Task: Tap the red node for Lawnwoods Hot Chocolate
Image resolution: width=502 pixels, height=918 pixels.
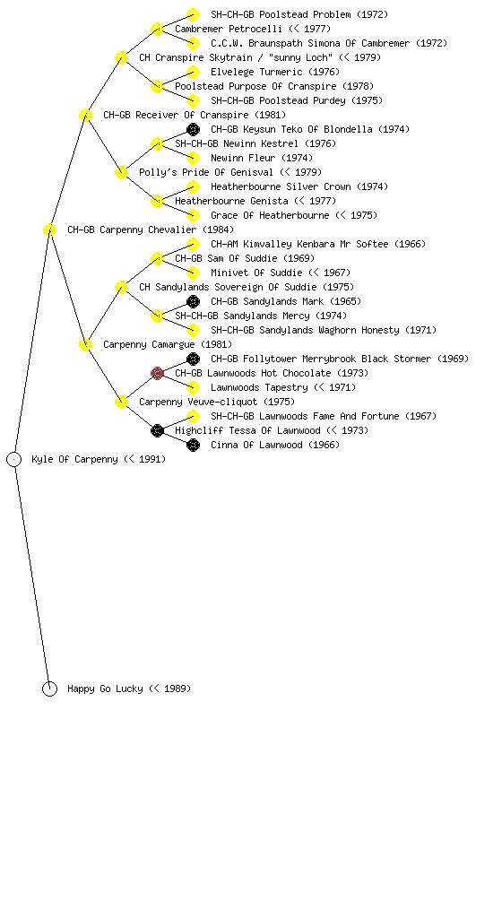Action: (157, 374)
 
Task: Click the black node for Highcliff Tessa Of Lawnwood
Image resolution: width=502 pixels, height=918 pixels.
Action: (157, 431)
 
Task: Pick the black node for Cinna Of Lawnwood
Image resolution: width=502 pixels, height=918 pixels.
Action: (193, 445)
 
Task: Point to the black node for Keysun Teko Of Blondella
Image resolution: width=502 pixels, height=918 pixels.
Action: (193, 129)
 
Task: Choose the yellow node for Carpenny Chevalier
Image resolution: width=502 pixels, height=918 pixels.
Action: (49, 230)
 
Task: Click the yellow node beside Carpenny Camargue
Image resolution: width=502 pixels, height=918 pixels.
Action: (85, 345)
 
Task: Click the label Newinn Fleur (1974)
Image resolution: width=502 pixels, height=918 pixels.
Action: (262, 158)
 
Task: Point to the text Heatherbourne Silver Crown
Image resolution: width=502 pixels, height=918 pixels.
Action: (281, 186)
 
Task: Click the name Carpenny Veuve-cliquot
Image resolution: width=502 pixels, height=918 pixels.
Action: (198, 403)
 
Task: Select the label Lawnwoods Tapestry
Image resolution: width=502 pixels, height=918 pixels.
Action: (259, 387)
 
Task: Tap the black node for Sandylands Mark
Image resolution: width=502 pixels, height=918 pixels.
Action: (193, 301)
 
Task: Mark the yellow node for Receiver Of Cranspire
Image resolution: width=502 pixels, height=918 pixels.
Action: (85, 116)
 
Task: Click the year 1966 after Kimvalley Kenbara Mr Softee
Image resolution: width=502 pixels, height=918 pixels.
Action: (411, 244)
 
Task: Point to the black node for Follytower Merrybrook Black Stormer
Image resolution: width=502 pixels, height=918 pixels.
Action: (193, 359)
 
